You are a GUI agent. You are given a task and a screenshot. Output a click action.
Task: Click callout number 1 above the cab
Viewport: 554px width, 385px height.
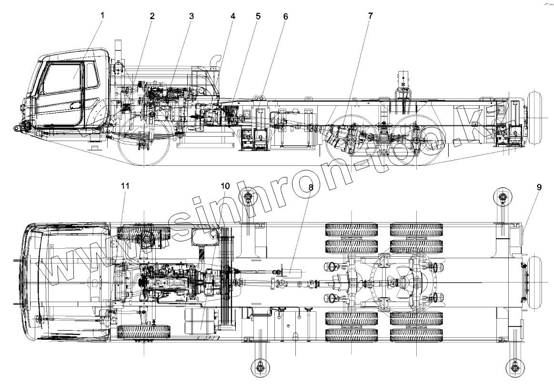click(x=101, y=15)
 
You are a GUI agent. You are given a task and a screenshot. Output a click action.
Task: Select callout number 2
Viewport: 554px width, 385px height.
click(x=152, y=16)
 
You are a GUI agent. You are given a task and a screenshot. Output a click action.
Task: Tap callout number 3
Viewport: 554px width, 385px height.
click(x=191, y=16)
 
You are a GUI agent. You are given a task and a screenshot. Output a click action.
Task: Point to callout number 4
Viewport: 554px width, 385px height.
click(x=233, y=16)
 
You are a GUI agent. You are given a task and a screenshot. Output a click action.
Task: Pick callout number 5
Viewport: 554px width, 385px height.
click(x=258, y=16)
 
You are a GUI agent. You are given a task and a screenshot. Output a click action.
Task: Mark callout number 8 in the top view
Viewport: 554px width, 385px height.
click(x=311, y=187)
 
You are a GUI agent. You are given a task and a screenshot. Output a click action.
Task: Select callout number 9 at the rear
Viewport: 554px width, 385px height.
click(x=539, y=187)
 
